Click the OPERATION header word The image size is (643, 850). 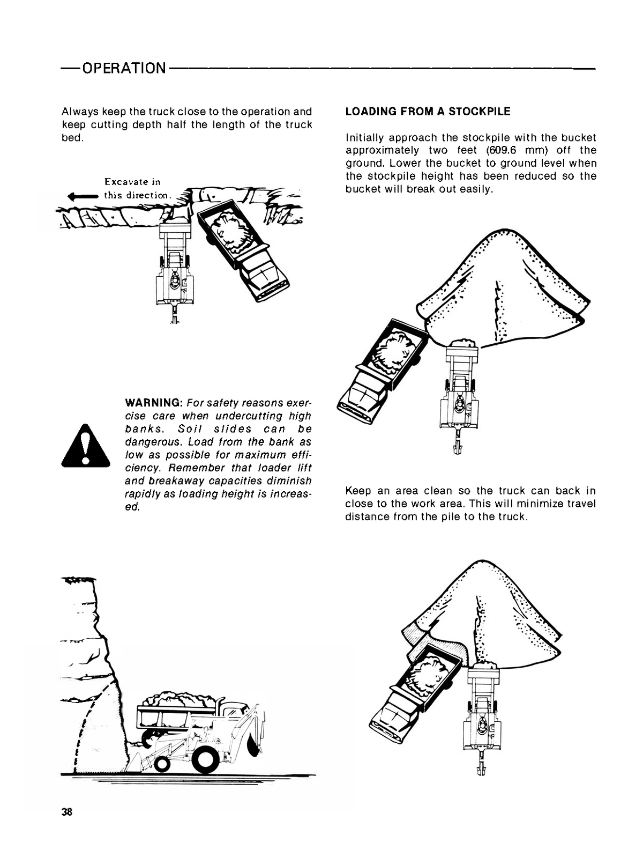click(124, 69)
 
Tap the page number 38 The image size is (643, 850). click(67, 811)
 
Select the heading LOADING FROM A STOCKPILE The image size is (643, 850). click(428, 112)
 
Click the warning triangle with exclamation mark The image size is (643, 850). click(86, 446)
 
